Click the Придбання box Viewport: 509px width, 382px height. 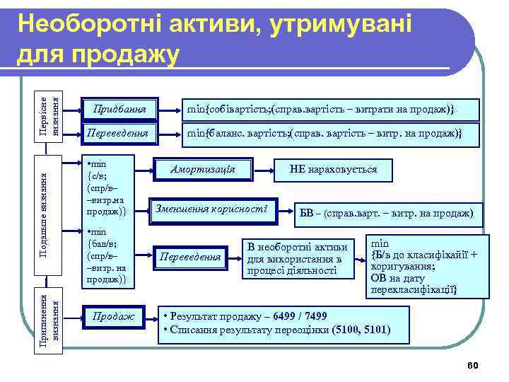(115, 110)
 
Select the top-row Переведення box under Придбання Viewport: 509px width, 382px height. (115, 133)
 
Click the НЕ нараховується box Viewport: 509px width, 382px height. (333, 170)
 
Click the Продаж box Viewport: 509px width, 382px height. (114, 316)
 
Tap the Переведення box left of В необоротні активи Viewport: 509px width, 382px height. (189, 257)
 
